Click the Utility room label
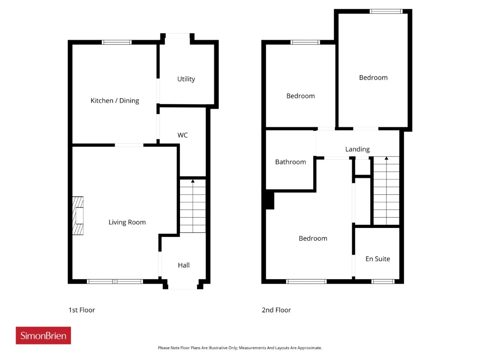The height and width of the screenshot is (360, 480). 186,79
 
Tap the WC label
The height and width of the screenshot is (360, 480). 183,135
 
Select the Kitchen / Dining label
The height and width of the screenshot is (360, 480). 115,100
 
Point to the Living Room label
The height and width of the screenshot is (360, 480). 127,222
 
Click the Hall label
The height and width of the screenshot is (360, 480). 184,265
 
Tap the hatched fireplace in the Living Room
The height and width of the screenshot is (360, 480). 78,216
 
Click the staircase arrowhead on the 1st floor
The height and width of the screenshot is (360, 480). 193,181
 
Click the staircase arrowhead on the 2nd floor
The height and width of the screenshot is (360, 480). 386,158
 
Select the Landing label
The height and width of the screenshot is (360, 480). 357,149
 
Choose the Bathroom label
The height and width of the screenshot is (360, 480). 290,162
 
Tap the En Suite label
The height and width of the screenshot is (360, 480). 378,259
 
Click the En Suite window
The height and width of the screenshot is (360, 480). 383,282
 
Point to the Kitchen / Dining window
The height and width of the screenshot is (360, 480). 117,42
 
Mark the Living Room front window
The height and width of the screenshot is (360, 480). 115,282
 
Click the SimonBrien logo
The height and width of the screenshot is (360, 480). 43,335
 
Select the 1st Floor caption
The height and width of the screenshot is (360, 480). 82,310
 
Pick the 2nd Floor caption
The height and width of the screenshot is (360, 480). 276,310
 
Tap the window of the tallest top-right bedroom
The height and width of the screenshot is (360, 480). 386,11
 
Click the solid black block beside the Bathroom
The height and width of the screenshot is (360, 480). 270,199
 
